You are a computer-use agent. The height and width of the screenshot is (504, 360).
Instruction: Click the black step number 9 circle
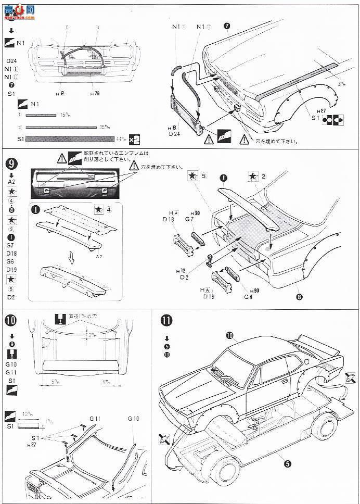pos(11,162)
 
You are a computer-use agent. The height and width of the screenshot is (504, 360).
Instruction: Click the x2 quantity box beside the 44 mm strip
pos(135,139)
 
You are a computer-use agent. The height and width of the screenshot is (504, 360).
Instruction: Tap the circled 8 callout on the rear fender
pos(299,298)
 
